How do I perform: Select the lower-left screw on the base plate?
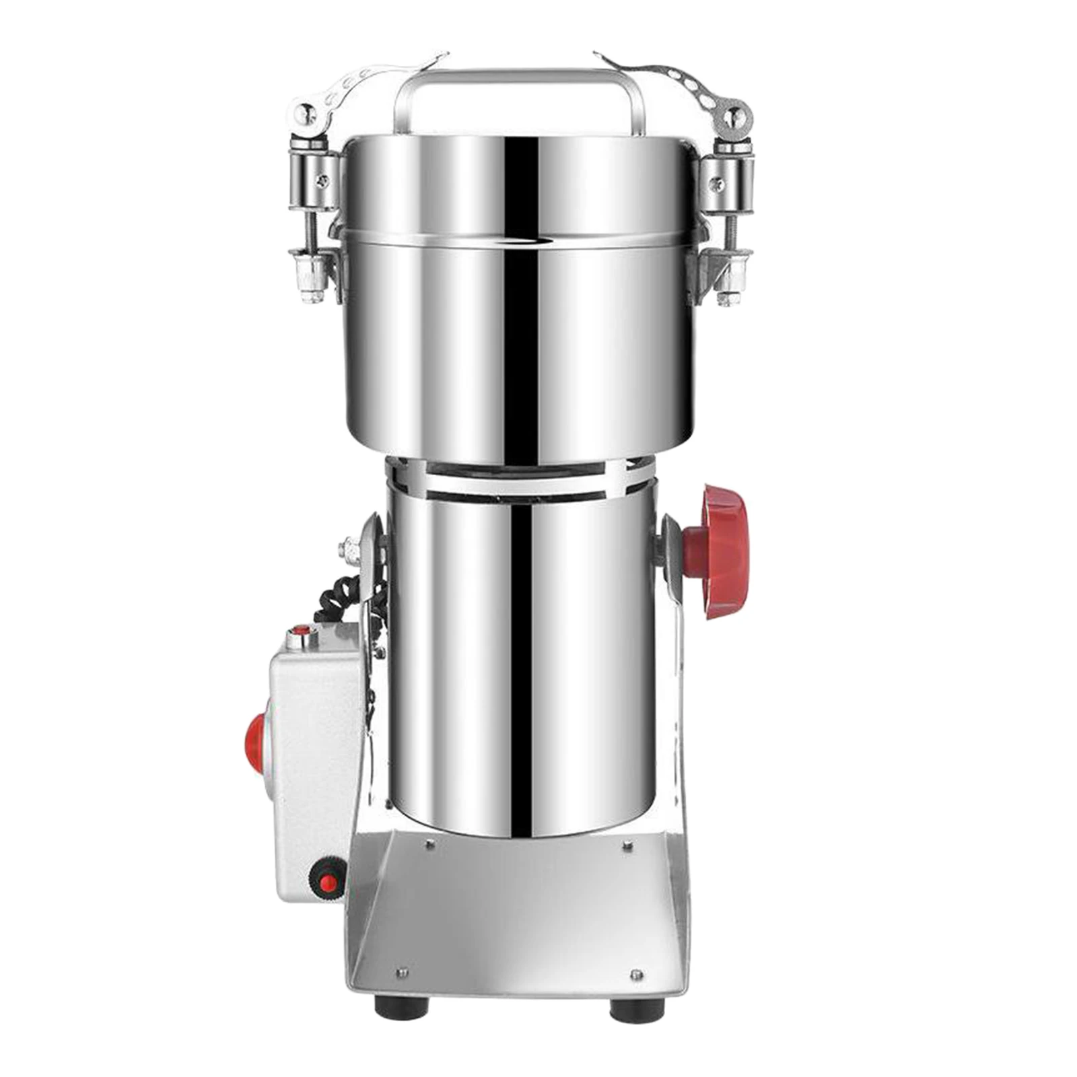coord(403,971)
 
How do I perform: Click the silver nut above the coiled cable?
coord(351,549)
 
